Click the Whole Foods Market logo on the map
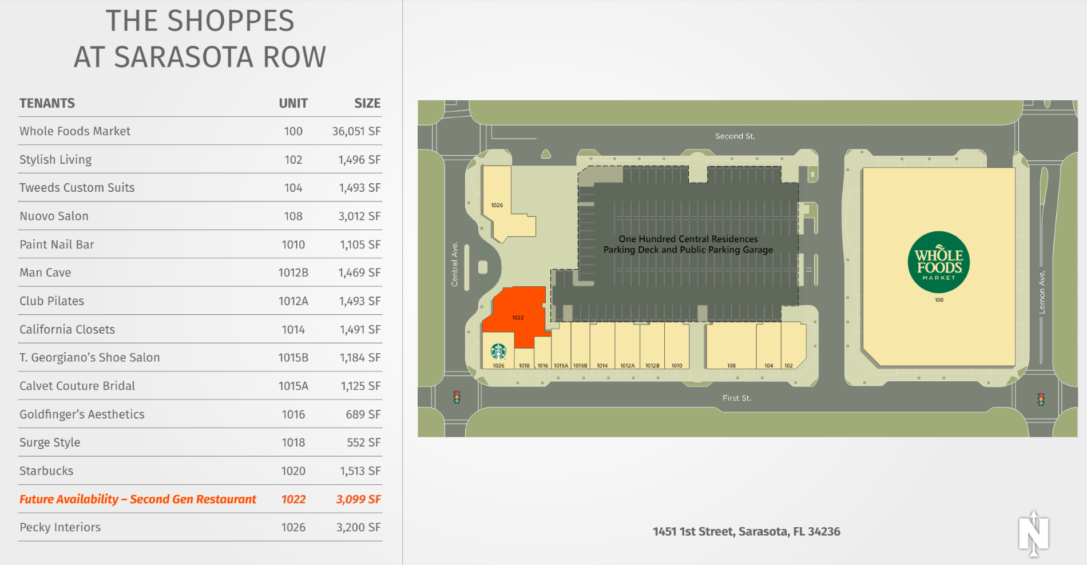click(938, 262)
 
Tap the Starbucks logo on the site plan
click(498, 351)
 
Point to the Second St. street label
click(735, 136)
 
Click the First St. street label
click(736, 398)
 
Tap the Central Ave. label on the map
click(455, 264)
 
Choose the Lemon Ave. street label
click(1042, 292)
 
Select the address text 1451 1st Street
click(746, 531)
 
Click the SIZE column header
click(367, 103)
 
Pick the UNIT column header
click(293, 103)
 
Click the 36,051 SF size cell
click(356, 131)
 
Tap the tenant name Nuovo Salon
click(54, 216)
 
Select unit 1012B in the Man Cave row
click(293, 272)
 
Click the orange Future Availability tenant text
click(137, 499)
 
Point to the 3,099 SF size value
click(358, 499)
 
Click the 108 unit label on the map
click(731, 365)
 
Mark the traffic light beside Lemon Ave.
click(1041, 399)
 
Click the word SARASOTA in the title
click(183, 57)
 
